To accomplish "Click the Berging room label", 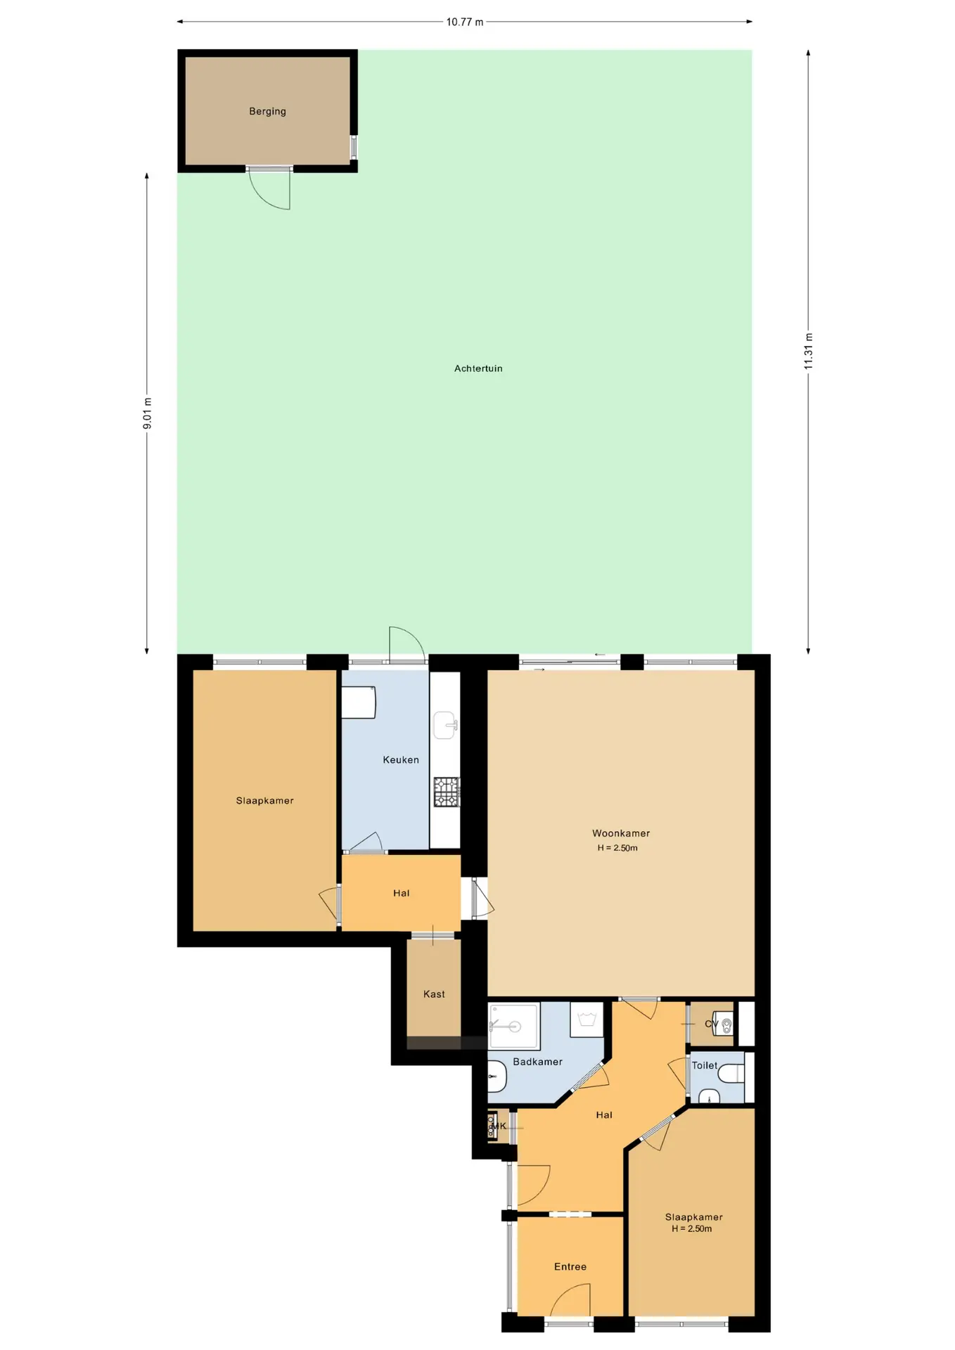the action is click(267, 111).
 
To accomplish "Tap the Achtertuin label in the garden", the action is click(478, 368).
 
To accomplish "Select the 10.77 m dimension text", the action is click(465, 22).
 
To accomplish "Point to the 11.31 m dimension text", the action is click(809, 351).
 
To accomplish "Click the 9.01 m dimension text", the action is click(147, 413).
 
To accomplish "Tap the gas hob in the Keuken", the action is click(447, 792).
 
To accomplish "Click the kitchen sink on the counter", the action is click(445, 726).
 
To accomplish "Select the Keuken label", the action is click(401, 760).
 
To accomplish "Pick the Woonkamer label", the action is click(621, 833).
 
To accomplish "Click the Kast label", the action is click(434, 994).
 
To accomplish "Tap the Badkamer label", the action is click(537, 1062).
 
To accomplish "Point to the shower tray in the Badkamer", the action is click(514, 1027).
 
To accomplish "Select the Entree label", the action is click(570, 1266).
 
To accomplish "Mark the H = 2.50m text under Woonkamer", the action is click(617, 848).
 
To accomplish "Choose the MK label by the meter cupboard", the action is click(499, 1126).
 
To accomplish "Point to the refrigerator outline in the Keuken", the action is click(359, 702).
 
